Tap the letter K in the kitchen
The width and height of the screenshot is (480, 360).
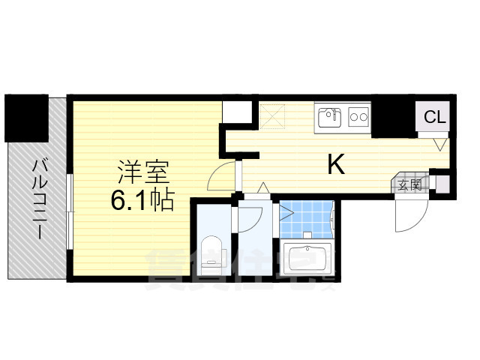point(335,164)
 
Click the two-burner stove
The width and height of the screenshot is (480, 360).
point(358,117)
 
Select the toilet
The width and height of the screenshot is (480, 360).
point(212,250)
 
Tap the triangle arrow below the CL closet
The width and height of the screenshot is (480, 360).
point(442,141)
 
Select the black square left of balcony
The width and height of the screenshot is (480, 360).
point(26,118)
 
